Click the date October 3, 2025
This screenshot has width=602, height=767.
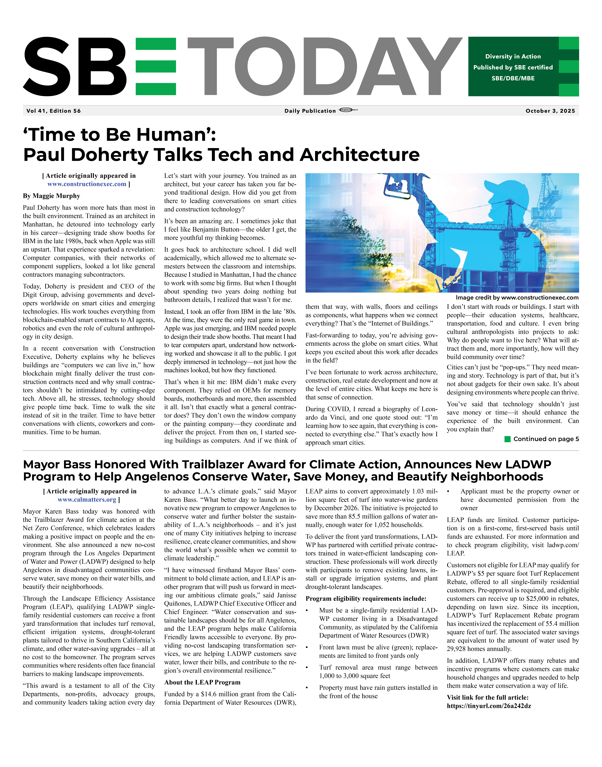(550, 111)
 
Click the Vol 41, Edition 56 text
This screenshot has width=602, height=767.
(54, 111)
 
